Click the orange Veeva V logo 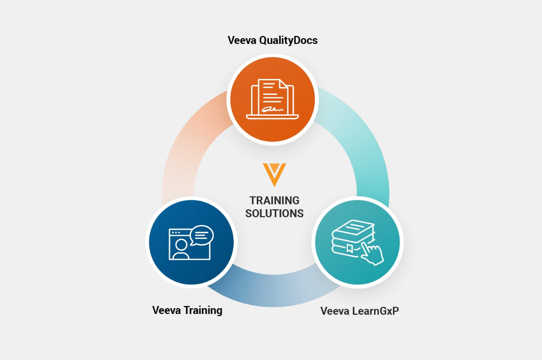pos(274,174)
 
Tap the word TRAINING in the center pos(274,200)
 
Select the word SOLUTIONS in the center pos(274,213)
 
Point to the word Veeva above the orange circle pos(242,40)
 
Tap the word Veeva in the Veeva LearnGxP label pos(335,311)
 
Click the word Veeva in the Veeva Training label pos(166,310)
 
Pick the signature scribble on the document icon pos(272,109)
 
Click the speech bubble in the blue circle pos(202,235)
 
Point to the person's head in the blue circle pos(181,244)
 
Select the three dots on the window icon pos(176,232)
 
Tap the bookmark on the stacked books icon pos(350,247)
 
